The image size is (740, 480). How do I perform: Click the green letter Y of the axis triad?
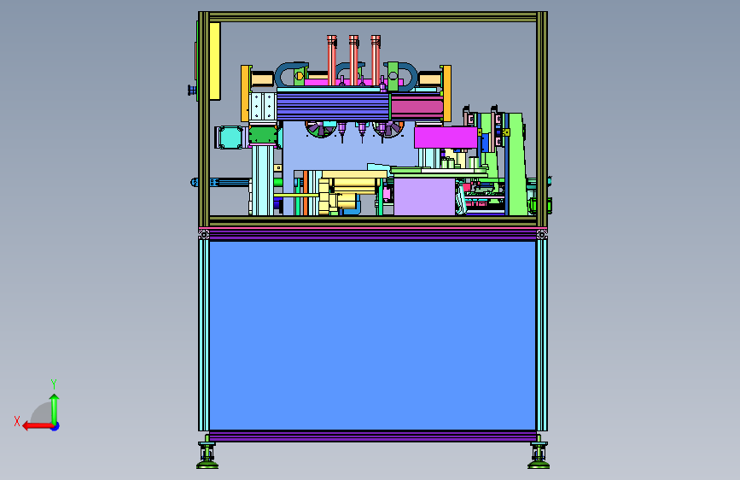[x=54, y=383]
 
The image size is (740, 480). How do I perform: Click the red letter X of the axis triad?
[x=17, y=421]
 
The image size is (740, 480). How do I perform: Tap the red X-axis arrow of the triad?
[x=38, y=426]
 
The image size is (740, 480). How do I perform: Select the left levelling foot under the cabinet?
[x=207, y=455]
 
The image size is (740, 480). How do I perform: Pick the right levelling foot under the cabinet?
[x=539, y=455]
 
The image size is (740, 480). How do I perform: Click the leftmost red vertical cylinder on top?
[x=332, y=60]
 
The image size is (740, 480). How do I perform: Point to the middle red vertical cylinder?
[x=353, y=60]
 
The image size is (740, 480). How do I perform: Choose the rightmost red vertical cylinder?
[x=376, y=60]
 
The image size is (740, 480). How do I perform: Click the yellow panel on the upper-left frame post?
[x=215, y=61]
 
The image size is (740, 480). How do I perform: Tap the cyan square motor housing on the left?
[x=231, y=137]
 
